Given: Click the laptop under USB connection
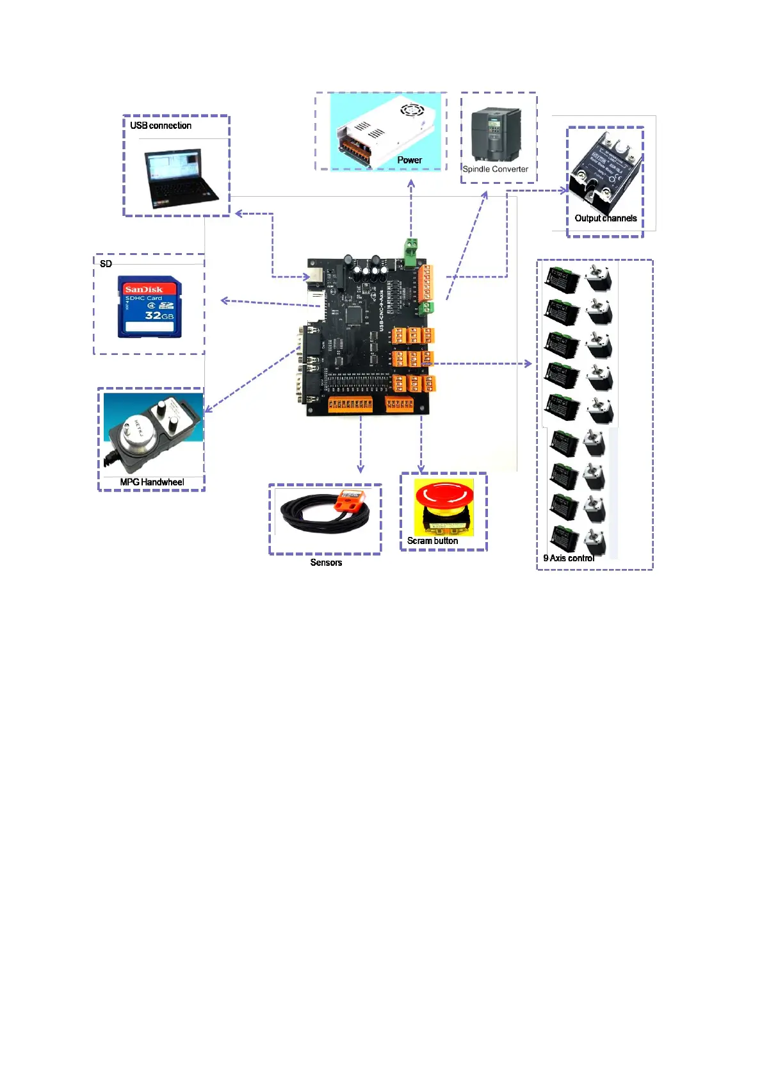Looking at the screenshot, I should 181,178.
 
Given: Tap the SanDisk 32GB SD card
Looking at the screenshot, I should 149,306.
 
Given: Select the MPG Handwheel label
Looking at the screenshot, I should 152,482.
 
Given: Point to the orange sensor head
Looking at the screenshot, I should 350,500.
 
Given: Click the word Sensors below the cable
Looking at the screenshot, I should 326,563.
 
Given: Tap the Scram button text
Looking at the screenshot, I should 432,541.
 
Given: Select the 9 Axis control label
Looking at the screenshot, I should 569,558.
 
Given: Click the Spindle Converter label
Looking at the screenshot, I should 495,169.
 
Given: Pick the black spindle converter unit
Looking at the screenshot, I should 495,135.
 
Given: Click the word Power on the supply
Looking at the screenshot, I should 409,160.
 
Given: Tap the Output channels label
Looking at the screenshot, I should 605,218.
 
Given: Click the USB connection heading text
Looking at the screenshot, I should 161,126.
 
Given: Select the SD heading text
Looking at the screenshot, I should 106,264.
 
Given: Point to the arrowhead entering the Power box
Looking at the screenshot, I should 411,184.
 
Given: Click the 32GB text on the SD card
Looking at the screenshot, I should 159,316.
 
